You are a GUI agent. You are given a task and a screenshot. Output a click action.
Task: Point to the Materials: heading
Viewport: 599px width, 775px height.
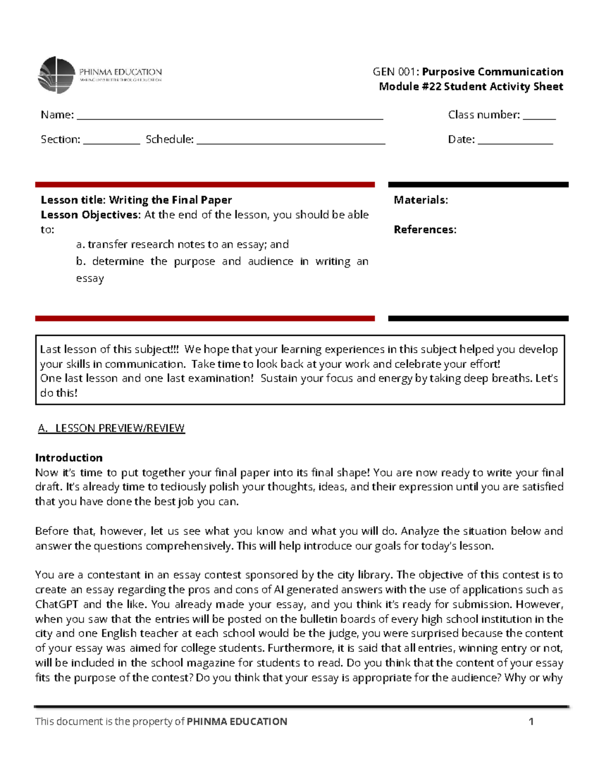(421, 200)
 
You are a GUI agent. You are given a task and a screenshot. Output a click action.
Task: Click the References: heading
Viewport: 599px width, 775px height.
(425, 230)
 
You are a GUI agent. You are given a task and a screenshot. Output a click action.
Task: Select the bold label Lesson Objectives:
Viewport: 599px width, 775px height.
(91, 215)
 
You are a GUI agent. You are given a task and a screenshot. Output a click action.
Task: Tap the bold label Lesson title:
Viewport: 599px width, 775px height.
(73, 200)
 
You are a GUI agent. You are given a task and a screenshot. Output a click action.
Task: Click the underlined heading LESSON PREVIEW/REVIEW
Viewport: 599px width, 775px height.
(120, 428)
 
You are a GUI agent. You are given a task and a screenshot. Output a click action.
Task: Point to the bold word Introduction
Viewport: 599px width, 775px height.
(69, 458)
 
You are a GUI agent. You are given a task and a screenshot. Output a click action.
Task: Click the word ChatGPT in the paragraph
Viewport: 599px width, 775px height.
(56, 604)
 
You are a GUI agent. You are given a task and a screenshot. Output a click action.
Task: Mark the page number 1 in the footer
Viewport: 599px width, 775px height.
(531, 721)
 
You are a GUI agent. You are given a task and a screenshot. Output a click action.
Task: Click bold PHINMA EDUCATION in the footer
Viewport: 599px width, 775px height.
(237, 722)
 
